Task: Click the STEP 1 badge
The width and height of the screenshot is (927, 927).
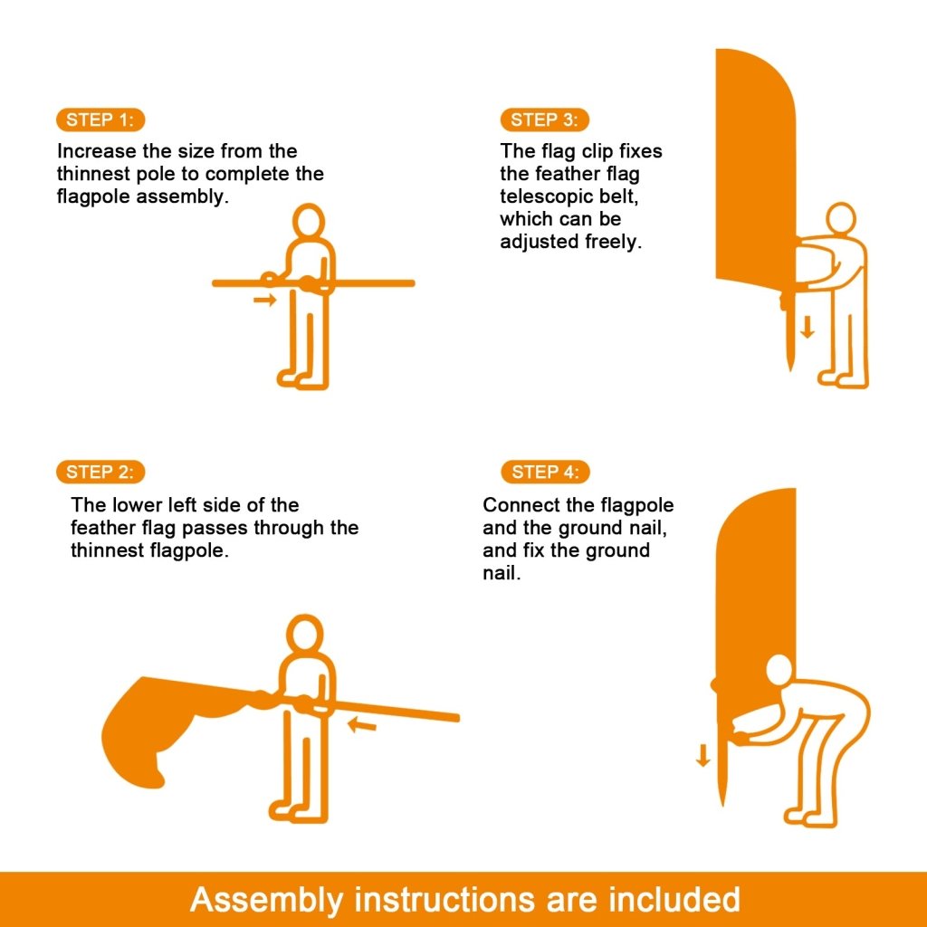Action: (x=100, y=119)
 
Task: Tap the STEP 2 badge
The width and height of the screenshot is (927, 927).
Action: (x=100, y=472)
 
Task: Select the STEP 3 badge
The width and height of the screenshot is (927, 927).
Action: (x=544, y=119)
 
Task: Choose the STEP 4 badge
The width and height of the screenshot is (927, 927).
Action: (x=544, y=472)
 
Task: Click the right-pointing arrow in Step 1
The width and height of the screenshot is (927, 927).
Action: (x=264, y=300)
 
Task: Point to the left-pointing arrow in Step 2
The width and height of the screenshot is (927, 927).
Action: (x=361, y=723)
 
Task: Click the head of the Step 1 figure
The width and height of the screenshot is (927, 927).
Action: (x=310, y=221)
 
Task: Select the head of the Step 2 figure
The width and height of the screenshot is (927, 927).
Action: (x=304, y=633)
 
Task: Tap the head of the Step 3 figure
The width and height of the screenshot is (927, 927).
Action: (x=841, y=218)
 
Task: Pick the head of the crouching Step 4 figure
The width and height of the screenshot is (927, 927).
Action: (x=779, y=672)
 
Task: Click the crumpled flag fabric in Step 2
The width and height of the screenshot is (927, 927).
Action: (x=158, y=724)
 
